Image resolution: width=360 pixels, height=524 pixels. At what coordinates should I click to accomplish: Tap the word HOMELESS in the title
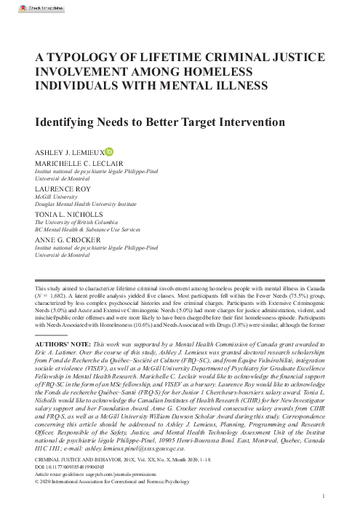point(233,71)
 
